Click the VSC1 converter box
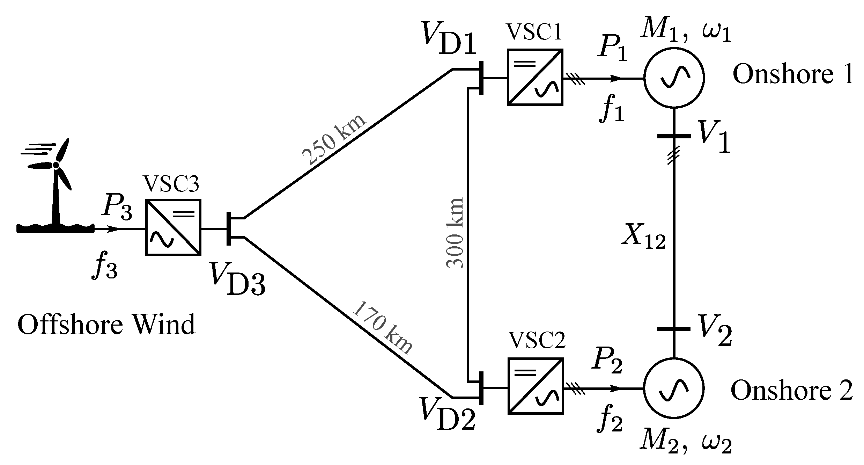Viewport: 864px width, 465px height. tap(535, 77)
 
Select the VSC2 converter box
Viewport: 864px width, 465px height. tap(535, 386)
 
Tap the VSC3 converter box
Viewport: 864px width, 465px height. tap(173, 227)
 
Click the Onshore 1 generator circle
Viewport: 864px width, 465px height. tap(674, 77)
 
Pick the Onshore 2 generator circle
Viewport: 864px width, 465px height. tap(673, 388)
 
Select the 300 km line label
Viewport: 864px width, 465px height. tap(456, 233)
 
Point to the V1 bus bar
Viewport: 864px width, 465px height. tap(674, 136)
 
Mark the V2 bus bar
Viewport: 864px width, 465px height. tap(674, 329)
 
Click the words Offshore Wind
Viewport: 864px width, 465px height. tap(106, 325)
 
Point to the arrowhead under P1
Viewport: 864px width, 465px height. tap(616, 79)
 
